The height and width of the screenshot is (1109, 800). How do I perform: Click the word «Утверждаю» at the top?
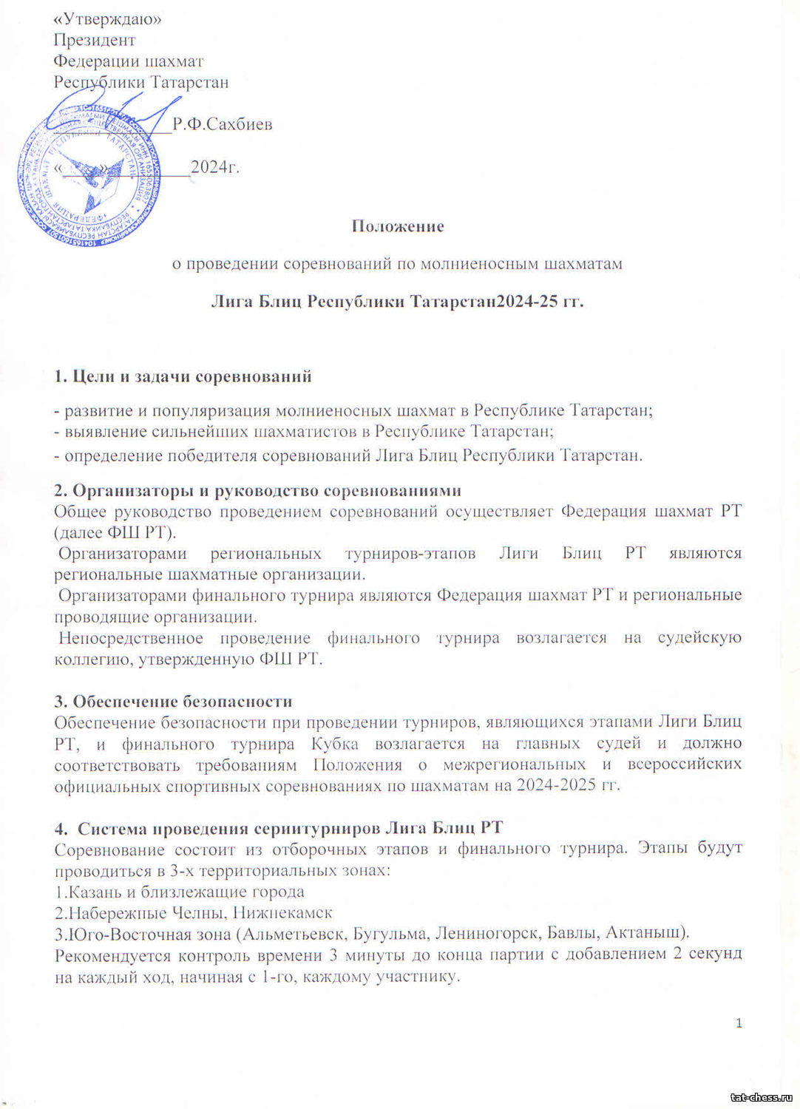108,19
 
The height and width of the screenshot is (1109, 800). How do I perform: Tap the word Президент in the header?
94,40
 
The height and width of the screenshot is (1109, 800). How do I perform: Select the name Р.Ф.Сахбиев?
223,124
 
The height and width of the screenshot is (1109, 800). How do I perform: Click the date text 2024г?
215,166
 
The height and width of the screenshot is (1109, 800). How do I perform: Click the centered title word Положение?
398,226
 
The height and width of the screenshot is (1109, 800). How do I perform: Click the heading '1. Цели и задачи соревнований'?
183,376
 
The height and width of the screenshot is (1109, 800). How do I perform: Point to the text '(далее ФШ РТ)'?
115,532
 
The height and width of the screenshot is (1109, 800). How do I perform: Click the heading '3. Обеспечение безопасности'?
173,701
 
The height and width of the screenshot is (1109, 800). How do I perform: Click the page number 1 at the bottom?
739,1023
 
